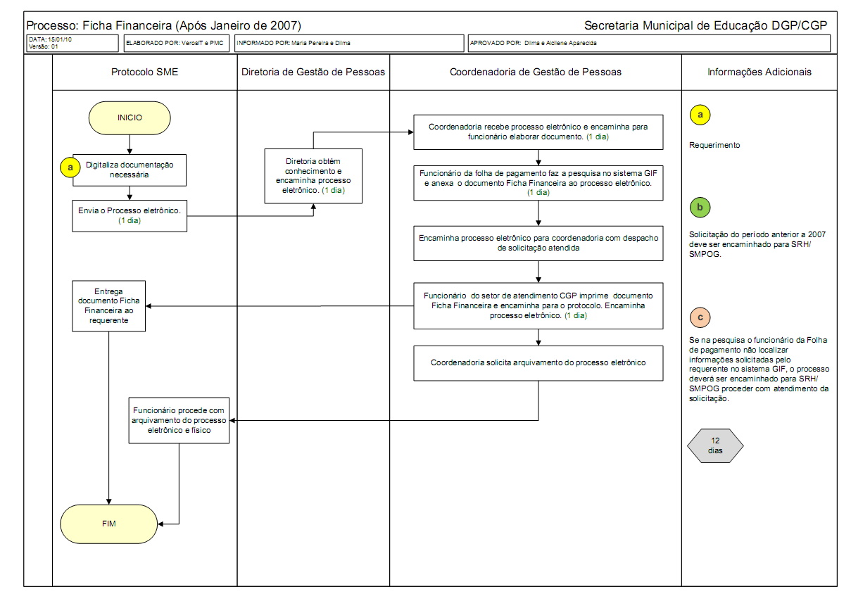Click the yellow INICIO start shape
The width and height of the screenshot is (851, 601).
[x=130, y=118]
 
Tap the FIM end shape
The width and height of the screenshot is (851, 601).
[x=108, y=524]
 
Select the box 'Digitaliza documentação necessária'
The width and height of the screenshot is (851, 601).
[x=129, y=170]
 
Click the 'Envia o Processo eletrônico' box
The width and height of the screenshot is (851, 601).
[x=130, y=215]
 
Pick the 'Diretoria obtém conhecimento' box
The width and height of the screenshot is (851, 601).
[x=313, y=176]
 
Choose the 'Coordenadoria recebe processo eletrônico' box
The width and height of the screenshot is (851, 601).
[x=538, y=132]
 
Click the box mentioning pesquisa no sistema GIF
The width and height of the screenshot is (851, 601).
[x=538, y=182]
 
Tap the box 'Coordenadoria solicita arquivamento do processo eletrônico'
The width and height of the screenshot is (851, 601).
[x=538, y=363]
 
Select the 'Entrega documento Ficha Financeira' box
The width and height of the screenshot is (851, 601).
[x=108, y=305]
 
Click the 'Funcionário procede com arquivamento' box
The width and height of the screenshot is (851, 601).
[x=179, y=420]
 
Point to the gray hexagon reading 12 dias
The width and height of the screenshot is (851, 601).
[x=715, y=445]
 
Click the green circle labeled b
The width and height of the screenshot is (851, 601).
[x=700, y=208]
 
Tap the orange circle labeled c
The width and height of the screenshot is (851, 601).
[x=700, y=317]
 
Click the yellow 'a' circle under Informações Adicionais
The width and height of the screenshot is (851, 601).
[x=700, y=114]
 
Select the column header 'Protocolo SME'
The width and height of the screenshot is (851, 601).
[x=144, y=72]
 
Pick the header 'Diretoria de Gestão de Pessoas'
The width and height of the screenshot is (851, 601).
[x=313, y=72]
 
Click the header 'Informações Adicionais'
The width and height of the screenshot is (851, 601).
[x=759, y=72]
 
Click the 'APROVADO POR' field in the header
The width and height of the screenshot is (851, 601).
[x=648, y=43]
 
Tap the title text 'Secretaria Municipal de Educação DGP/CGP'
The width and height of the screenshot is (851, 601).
[x=705, y=25]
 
